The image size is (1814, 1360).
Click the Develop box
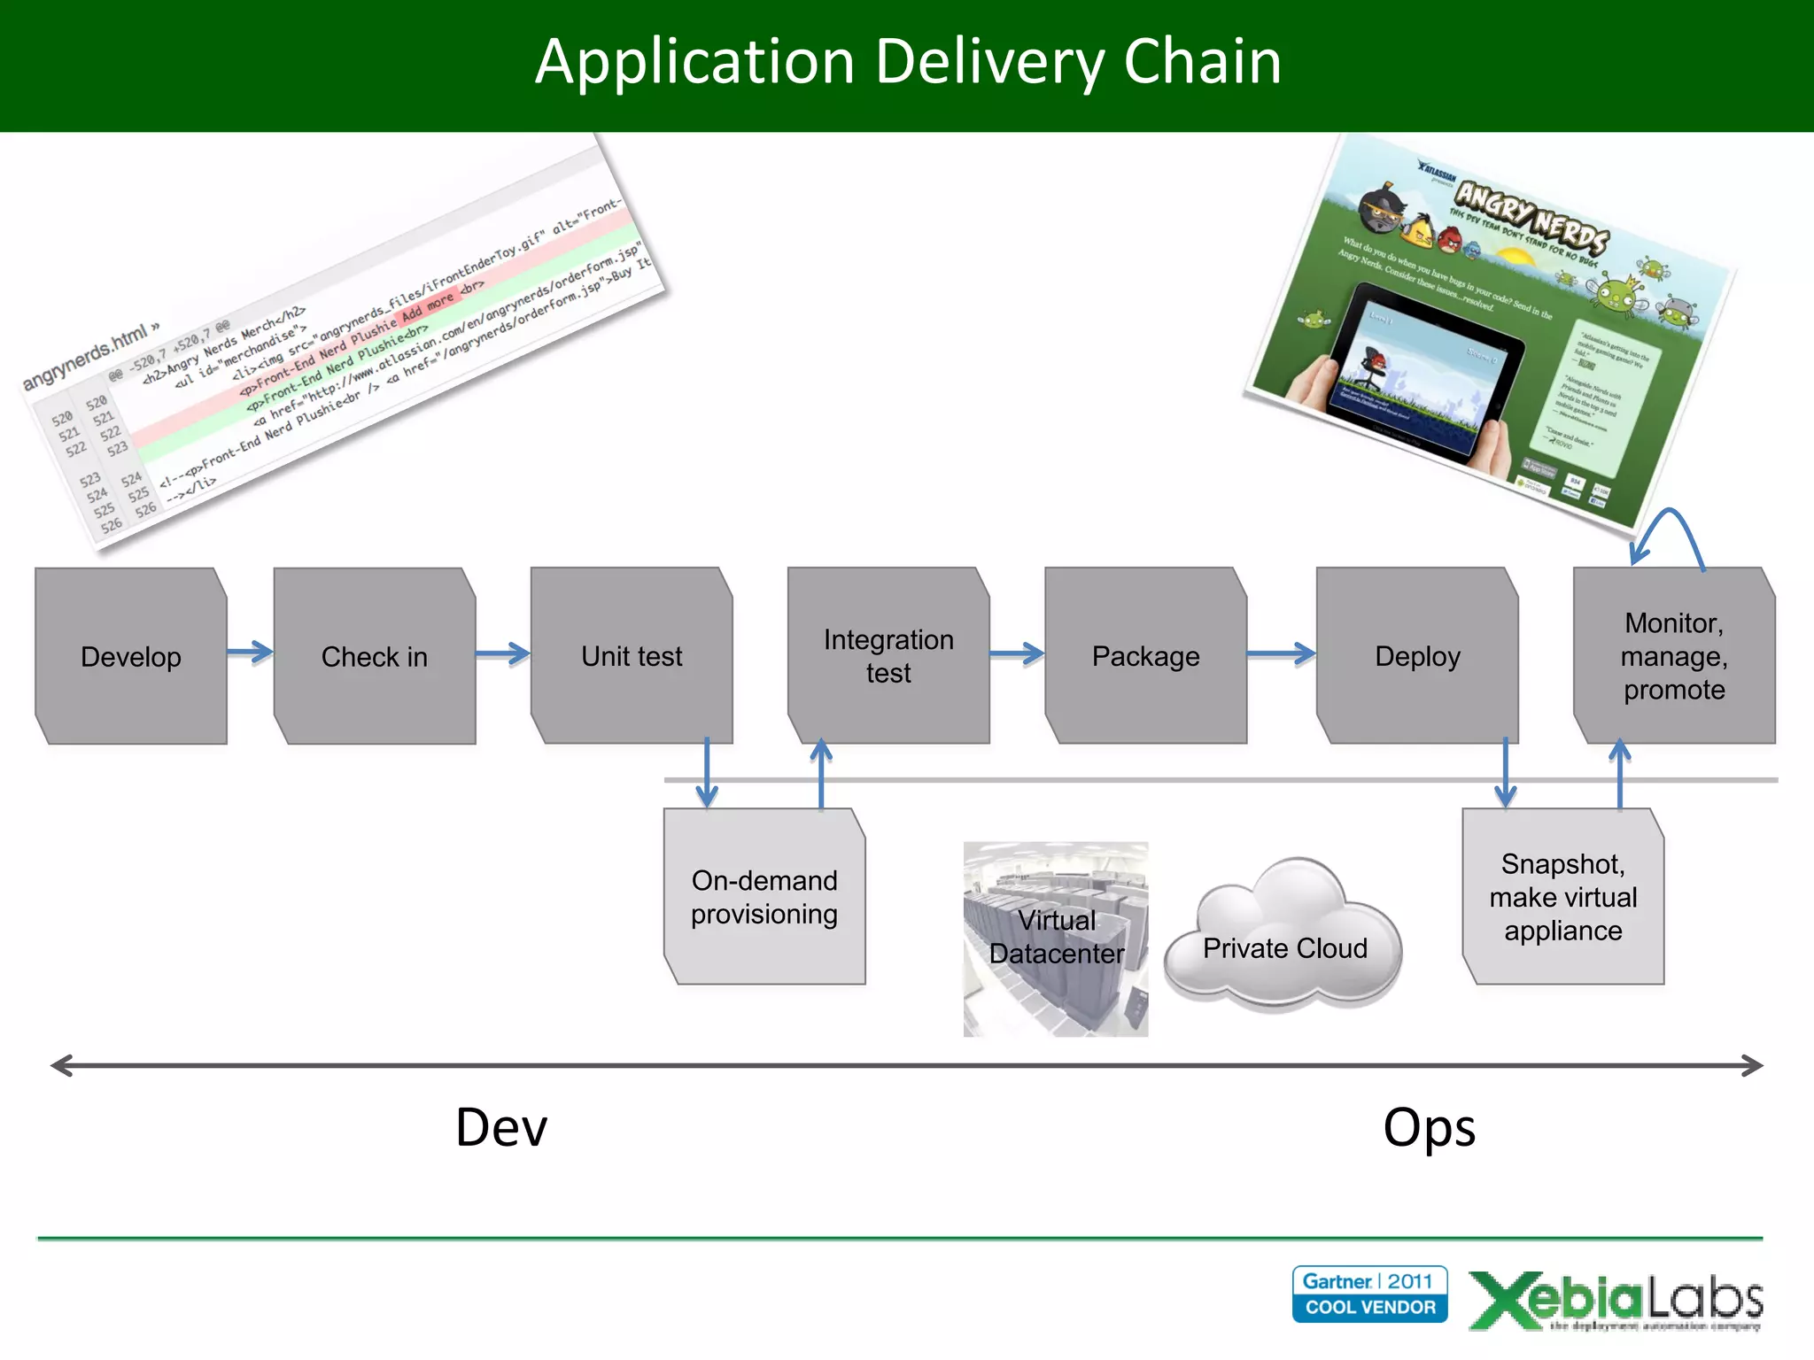tap(131, 656)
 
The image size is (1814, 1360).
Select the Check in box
tap(374, 656)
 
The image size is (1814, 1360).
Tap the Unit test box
tap(632, 656)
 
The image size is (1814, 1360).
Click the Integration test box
tap(888, 656)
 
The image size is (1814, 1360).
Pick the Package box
tap(1145, 656)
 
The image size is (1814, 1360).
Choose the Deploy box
tap(1417, 656)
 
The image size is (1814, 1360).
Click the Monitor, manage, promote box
tap(1674, 656)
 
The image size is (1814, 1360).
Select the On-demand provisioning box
tap(764, 896)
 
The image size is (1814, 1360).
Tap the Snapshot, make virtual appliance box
tap(1562, 896)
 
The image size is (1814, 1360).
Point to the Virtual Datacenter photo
tap(1055, 939)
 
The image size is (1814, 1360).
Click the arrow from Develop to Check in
tap(250, 653)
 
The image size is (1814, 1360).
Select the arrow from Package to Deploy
tap(1281, 654)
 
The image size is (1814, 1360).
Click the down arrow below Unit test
tap(707, 772)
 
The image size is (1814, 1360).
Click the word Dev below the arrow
tap(501, 1128)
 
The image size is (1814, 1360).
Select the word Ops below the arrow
tap(1429, 1128)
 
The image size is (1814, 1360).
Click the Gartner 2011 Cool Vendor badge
tap(1369, 1294)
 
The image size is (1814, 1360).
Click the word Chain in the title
tap(1202, 62)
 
